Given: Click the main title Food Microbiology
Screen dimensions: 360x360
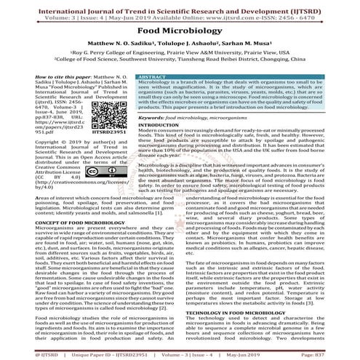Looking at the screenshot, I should click(180, 32).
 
